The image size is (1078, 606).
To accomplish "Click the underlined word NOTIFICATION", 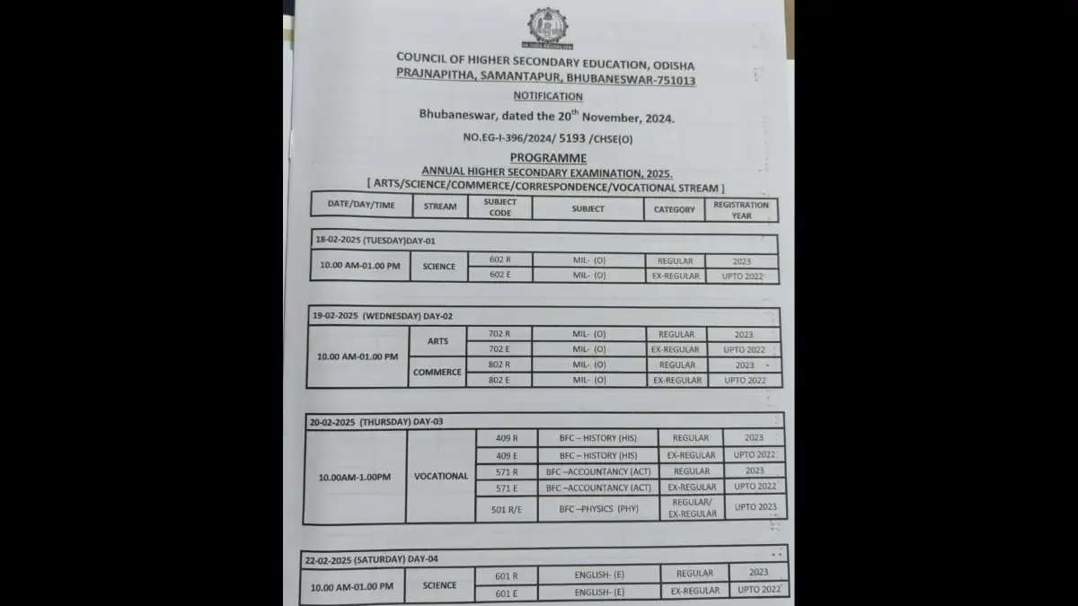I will click(x=548, y=96).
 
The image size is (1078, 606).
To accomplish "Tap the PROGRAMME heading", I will click(x=547, y=157).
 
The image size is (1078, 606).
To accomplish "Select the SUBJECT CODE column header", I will click(x=500, y=207).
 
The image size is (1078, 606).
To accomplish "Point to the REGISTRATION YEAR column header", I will click(x=741, y=208).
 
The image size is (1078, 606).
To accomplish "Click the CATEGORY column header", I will click(x=674, y=209).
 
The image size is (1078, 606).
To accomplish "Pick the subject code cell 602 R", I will click(x=499, y=260).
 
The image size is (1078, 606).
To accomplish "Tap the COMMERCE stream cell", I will click(x=437, y=372).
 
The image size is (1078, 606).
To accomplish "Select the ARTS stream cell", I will click(x=437, y=341).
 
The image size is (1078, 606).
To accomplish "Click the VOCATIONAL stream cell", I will click(x=441, y=476).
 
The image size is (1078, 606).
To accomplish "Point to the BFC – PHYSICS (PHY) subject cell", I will click(x=599, y=509).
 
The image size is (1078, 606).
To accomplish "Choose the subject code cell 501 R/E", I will click(x=507, y=509).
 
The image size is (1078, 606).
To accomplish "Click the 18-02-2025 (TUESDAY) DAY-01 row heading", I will click(x=377, y=242).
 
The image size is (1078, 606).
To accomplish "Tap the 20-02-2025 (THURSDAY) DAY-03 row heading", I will click(x=376, y=421).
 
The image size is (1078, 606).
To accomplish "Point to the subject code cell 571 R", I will click(x=507, y=471).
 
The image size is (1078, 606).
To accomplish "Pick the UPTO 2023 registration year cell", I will click(x=755, y=507).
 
